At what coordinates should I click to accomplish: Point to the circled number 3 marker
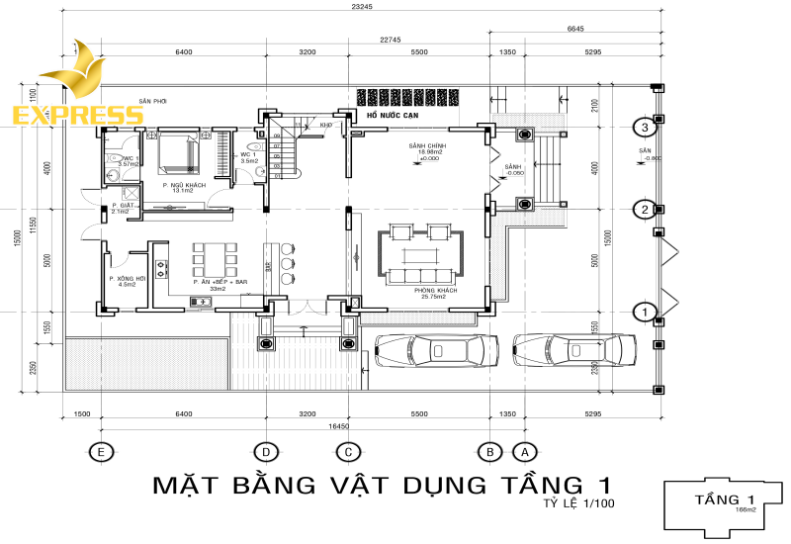[645, 127]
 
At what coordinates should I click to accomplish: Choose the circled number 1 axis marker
[645, 313]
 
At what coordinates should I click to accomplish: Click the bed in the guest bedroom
[178, 151]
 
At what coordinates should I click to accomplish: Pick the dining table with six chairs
[213, 259]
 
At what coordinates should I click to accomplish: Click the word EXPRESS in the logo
[77, 114]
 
